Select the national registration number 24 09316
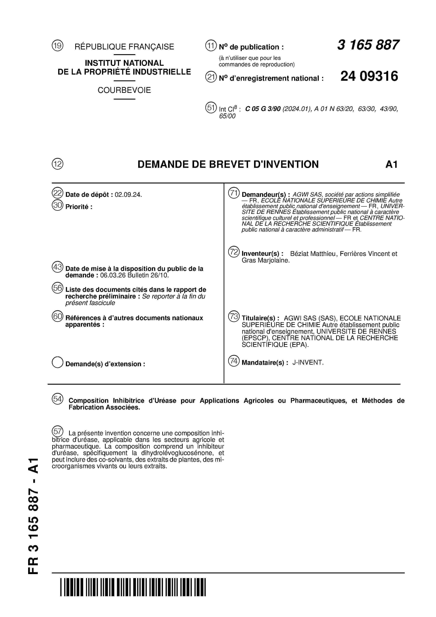369,76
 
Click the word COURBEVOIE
124,90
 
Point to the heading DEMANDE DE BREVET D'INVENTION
228,164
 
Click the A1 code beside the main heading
391,164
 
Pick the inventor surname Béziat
298,254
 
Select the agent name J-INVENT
308,362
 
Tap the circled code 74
233,361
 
